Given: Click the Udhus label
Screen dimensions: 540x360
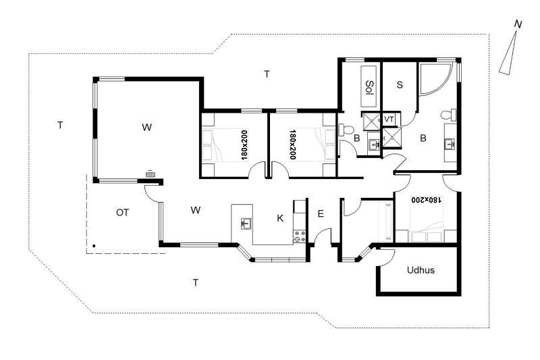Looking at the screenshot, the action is [421, 269].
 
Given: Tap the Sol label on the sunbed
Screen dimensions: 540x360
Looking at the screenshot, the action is [369, 87].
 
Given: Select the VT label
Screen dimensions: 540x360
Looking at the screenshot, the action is [389, 120].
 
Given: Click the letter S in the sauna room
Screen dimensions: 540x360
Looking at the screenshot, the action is [400, 84].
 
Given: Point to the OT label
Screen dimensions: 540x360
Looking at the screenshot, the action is [122, 213].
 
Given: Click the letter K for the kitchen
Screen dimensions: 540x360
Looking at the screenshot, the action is [280, 218].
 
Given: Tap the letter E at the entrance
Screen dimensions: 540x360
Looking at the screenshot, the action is [321, 214].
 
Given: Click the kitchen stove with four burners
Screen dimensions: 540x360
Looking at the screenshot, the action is [299, 236].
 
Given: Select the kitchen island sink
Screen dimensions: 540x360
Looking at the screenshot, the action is [246, 224].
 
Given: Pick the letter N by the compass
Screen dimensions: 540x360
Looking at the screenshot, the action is [518, 24].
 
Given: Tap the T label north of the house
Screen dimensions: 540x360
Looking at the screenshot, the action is [267, 74].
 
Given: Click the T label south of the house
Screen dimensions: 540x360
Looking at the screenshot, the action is [195, 283].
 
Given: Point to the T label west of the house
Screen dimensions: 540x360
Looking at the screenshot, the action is [60, 125].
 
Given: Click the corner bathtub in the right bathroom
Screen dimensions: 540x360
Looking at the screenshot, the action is [435, 78].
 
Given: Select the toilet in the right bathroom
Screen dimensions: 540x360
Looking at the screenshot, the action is [449, 115].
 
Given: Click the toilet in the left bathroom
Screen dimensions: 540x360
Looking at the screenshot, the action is [346, 130].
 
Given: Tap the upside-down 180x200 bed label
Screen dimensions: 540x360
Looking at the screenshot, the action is [426, 199].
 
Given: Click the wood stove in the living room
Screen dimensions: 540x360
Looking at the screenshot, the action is [150, 174].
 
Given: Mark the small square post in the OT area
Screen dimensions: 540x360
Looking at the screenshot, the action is [94, 246].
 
